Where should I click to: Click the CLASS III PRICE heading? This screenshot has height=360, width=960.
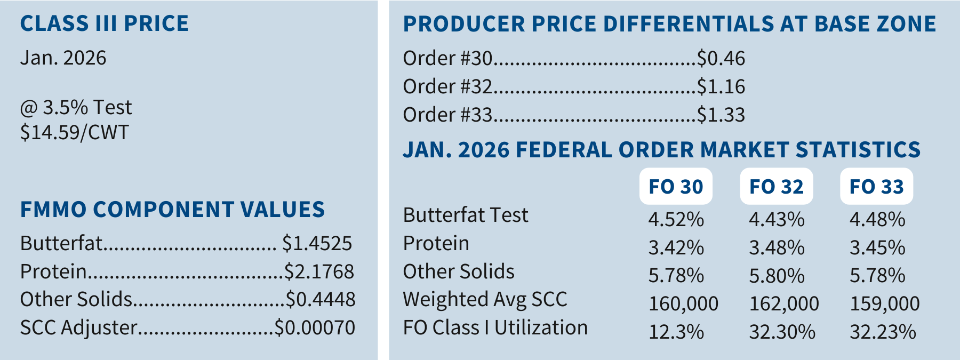104,23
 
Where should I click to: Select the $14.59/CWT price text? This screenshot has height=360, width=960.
74,132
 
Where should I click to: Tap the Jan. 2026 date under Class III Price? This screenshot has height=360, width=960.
63,58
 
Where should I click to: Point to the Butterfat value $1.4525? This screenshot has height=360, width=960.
317,243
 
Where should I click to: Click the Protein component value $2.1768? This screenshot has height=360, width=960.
319,271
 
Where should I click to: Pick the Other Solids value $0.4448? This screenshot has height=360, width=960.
320,299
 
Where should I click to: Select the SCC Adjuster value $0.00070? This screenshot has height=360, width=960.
315,327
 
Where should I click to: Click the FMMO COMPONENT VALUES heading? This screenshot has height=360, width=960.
172,210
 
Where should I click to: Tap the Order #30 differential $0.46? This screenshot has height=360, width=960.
721,58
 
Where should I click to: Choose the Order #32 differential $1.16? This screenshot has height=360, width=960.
721,86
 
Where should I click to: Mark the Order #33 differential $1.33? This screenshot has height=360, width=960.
721,115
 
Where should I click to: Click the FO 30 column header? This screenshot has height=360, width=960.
676,187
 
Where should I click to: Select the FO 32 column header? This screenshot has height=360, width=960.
776,187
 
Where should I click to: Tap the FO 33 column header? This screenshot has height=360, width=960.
876,187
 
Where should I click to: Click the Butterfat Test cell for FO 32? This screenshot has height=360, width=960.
777,219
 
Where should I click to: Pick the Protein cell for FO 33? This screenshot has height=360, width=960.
877,247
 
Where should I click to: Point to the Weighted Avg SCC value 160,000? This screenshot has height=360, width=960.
683,303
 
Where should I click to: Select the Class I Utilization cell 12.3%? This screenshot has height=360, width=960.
676,332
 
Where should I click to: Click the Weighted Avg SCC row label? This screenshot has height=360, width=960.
485,300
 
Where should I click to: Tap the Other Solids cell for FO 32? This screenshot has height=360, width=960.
777,276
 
